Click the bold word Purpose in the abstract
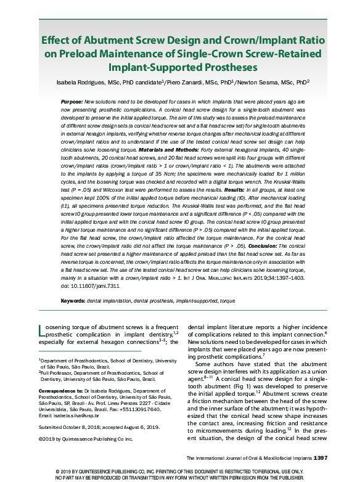(x=73, y=100)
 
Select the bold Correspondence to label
(x=59, y=390)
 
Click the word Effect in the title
(x=57, y=40)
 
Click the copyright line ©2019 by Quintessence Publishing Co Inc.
(x=85, y=439)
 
